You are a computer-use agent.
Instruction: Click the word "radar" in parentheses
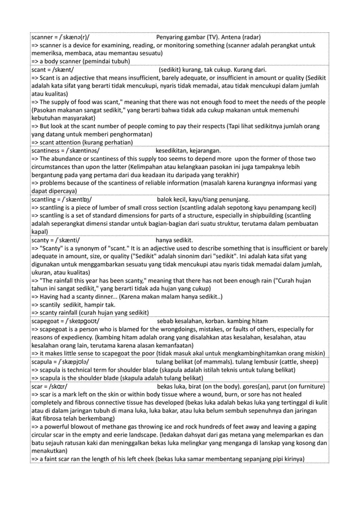[257, 37]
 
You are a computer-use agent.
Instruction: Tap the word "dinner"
[99, 297]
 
